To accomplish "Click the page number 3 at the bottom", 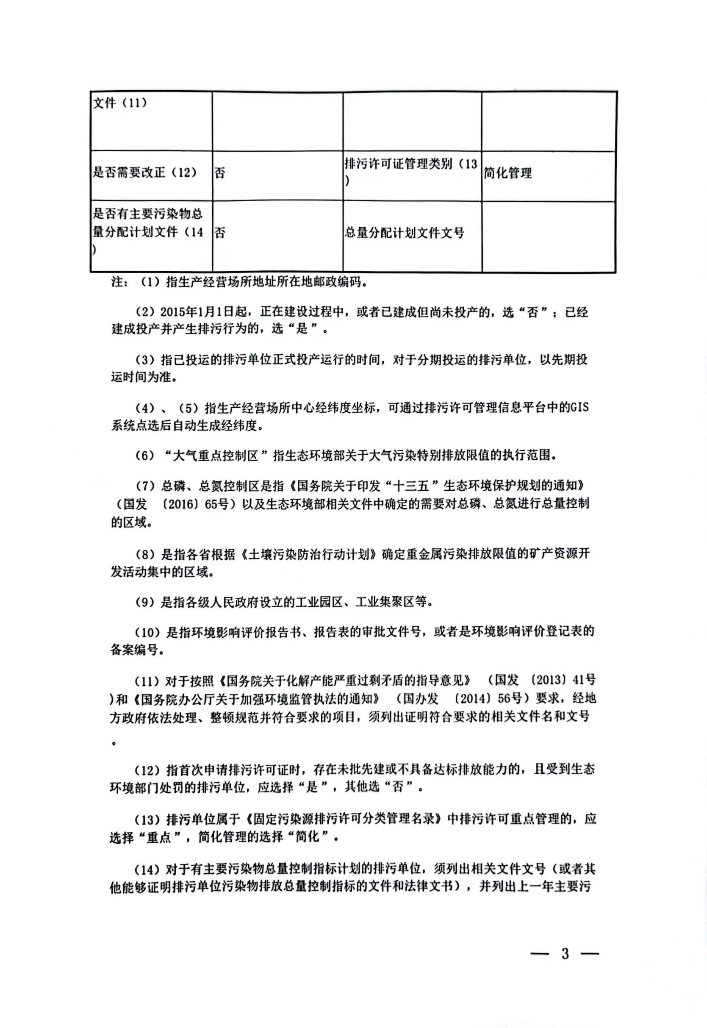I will pyautogui.click(x=565, y=953).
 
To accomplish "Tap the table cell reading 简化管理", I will pyautogui.click(x=507, y=173).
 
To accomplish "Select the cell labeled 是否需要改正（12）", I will pyautogui.click(x=144, y=172).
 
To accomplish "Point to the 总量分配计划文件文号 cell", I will pyautogui.click(x=404, y=233).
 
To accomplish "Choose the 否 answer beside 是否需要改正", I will pyautogui.click(x=220, y=173).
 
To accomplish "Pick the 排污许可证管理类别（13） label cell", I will pyautogui.click(x=410, y=172).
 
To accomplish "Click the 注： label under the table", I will pyautogui.click(x=119, y=282).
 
